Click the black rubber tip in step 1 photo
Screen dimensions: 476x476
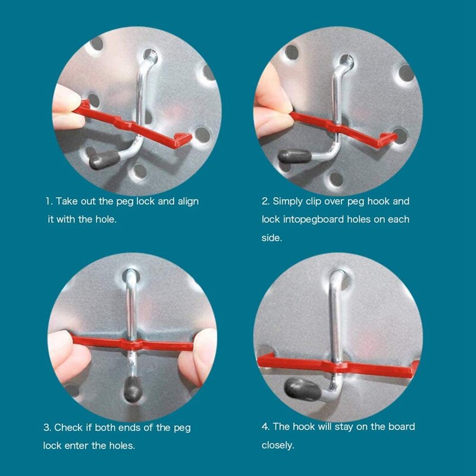coord(104,159)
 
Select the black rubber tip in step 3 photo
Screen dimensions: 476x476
coord(133,389)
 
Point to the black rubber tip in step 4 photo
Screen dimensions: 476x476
coord(302,389)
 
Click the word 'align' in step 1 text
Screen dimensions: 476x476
coord(188,202)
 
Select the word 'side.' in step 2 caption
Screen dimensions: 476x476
coord(272,237)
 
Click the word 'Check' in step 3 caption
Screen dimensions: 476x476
coord(68,427)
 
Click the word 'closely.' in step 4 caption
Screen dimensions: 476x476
coord(278,445)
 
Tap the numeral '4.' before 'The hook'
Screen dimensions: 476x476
coord(265,427)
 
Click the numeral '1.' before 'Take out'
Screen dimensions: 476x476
coord(49,201)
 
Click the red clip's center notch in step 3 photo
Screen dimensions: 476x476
coord(131,345)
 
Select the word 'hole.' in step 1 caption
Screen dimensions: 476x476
coord(106,219)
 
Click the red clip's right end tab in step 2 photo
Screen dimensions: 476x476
coord(388,139)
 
